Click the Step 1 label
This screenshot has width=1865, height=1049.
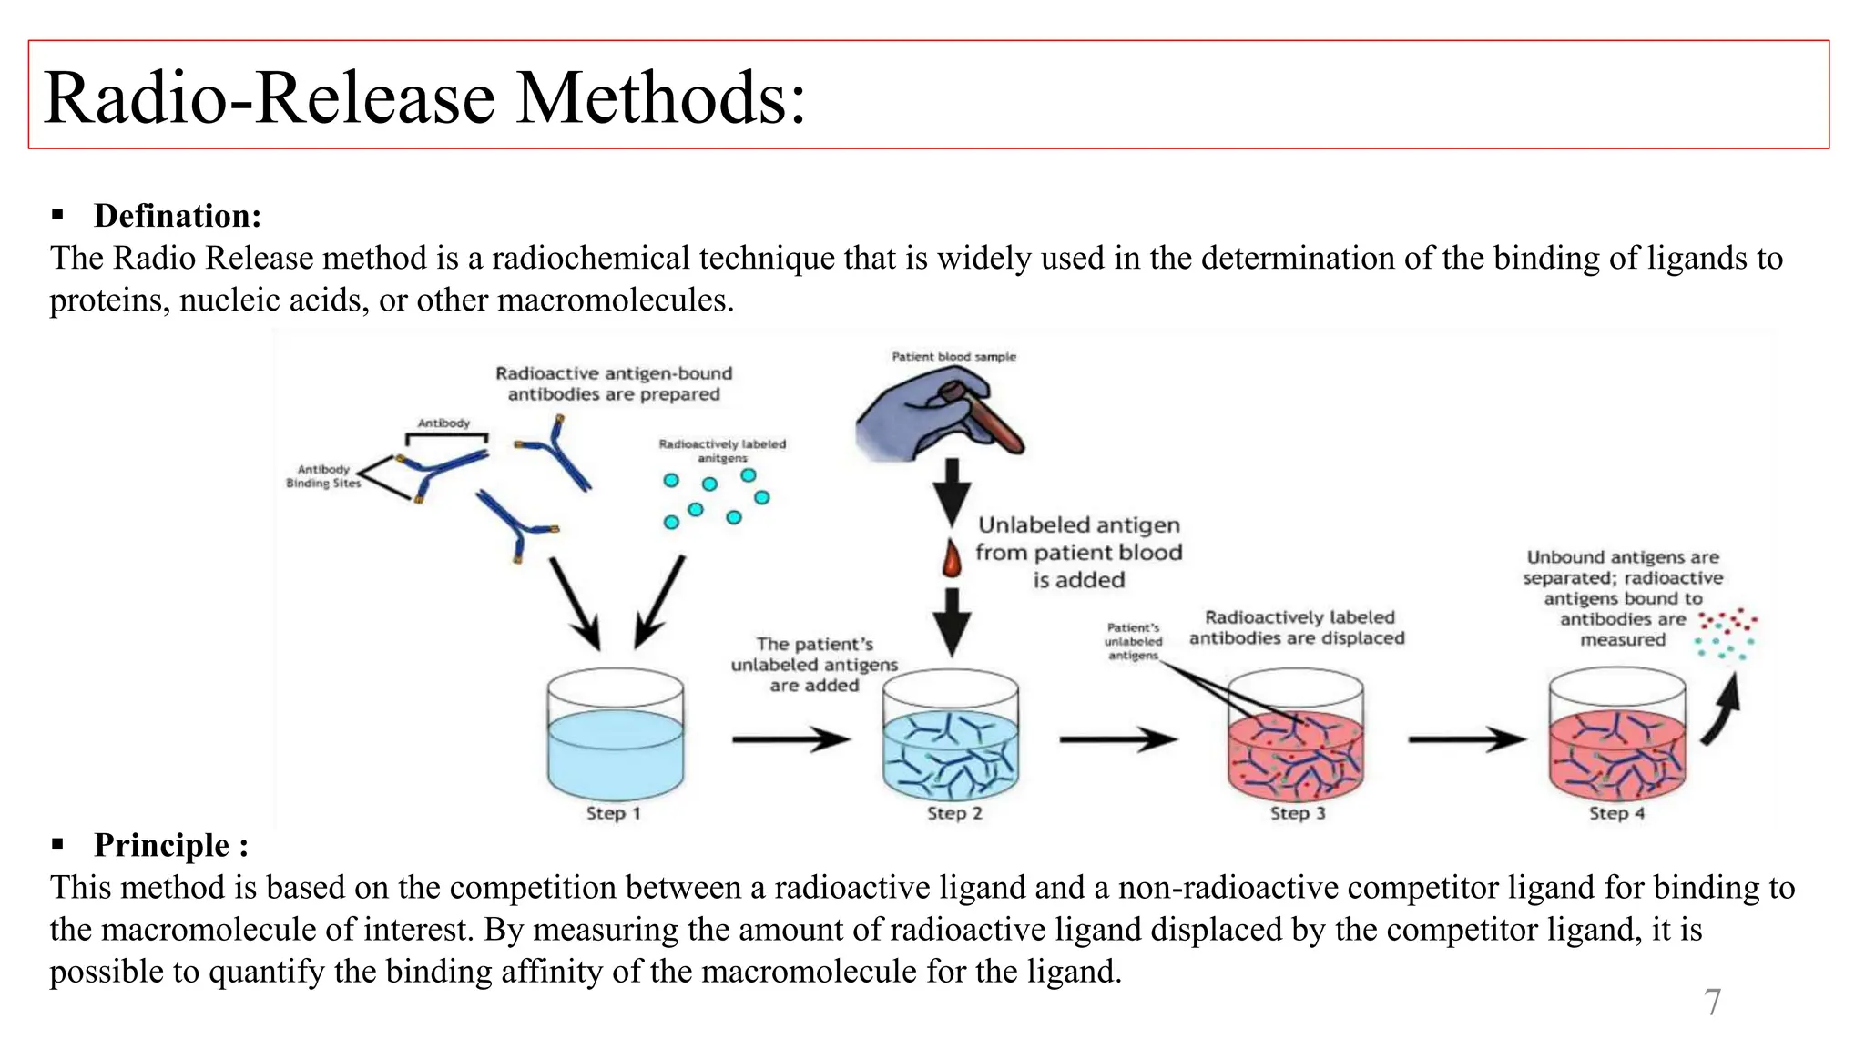pyautogui.click(x=613, y=813)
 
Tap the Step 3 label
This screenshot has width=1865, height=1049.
pyautogui.click(x=1297, y=813)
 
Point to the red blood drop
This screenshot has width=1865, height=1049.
pyautogui.click(x=952, y=559)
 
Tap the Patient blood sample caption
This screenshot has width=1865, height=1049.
pyautogui.click(x=953, y=357)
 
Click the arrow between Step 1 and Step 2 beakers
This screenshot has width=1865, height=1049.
pyautogui.click(x=790, y=739)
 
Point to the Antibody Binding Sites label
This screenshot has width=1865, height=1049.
pyautogui.click(x=323, y=476)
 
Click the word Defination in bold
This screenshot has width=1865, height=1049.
pyautogui.click(x=177, y=216)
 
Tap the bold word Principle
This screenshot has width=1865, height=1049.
pyautogui.click(x=162, y=845)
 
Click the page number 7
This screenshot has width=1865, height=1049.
pyautogui.click(x=1712, y=1003)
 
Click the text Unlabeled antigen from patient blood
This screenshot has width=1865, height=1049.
pyautogui.click(x=1078, y=539)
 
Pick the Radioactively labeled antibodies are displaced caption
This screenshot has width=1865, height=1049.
pyautogui.click(x=1297, y=628)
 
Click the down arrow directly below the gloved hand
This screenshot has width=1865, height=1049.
pyautogui.click(x=952, y=492)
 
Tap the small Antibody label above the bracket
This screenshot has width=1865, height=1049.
pyautogui.click(x=443, y=423)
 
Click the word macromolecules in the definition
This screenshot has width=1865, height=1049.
pyautogui.click(x=615, y=300)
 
